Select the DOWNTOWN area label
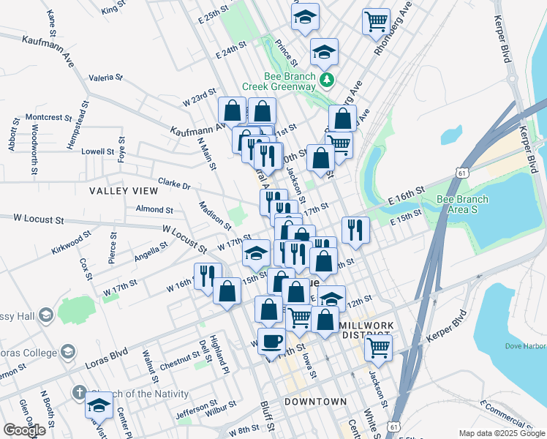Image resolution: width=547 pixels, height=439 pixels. pos(315,402)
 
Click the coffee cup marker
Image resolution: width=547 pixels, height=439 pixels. pos(272,340)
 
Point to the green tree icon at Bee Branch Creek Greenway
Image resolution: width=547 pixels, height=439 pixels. pos(329,79)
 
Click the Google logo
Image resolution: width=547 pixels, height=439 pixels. pos(24,430)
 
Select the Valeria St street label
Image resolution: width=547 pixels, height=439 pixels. pos(105,77)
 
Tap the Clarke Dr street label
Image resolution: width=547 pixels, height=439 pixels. pos(174,184)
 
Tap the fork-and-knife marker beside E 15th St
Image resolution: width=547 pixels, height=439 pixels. pos(355,229)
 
